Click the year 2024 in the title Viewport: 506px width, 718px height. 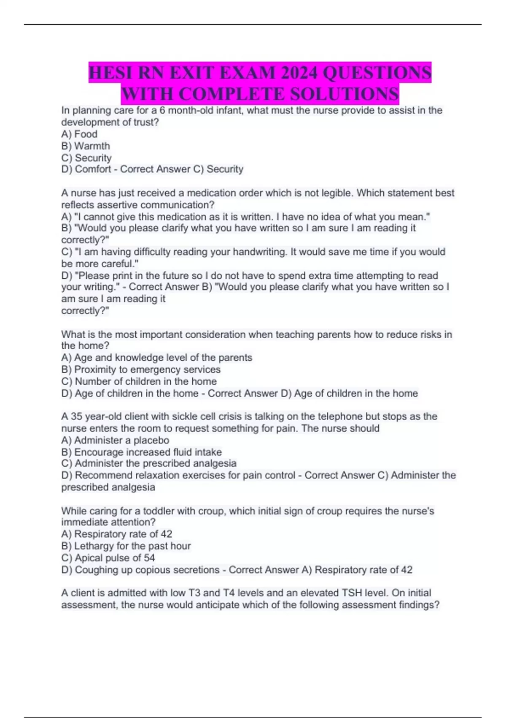(298, 73)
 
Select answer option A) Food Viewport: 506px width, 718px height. (79, 134)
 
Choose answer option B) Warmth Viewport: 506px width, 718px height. (86, 146)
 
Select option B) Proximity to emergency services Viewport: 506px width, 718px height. (141, 370)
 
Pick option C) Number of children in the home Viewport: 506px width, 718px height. (139, 381)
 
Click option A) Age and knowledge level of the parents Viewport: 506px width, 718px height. (156, 358)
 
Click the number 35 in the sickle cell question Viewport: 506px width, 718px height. (76, 416)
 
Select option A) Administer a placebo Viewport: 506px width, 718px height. (115, 441)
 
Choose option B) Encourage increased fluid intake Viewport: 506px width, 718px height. (141, 452)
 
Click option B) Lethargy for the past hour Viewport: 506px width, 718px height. (126, 546)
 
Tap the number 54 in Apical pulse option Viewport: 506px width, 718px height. (149, 558)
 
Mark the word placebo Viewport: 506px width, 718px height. (151, 441)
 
